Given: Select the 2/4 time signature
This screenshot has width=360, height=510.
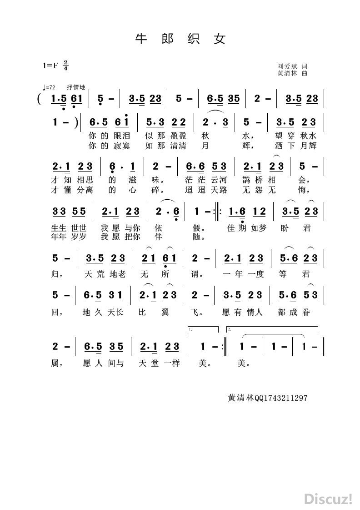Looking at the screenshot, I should [x=66, y=65].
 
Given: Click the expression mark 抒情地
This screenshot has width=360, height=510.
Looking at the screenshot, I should [x=76, y=87].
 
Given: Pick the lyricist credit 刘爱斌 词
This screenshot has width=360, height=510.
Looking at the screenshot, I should [x=292, y=66].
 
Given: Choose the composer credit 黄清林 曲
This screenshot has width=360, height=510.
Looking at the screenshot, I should [x=292, y=73].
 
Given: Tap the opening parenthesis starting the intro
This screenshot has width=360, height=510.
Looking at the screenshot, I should [x=40, y=99].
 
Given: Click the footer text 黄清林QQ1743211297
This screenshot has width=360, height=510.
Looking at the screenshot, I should [x=268, y=398].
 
